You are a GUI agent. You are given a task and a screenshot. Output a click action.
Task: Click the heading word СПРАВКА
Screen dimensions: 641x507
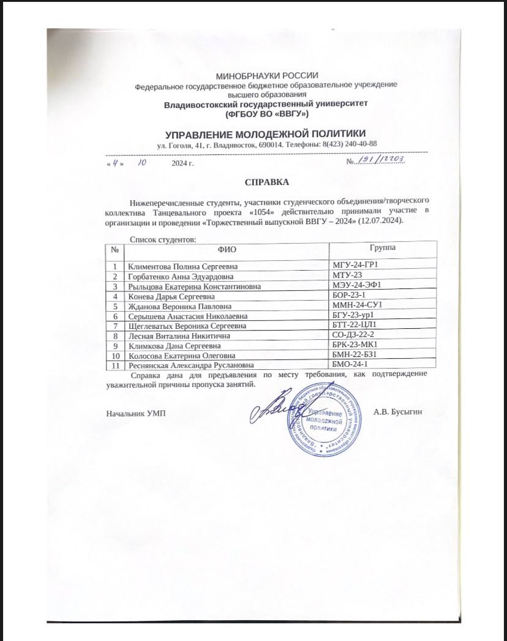click(x=266, y=182)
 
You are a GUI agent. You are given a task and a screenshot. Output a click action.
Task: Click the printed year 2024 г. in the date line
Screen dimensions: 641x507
click(x=182, y=164)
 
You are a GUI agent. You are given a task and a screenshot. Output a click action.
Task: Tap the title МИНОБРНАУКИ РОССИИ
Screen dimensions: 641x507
click(x=266, y=75)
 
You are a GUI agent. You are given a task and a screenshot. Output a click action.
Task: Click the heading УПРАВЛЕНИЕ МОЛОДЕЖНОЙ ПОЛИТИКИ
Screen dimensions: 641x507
click(x=266, y=133)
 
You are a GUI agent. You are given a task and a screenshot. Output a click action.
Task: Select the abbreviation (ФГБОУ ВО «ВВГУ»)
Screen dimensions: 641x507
click(x=266, y=114)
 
